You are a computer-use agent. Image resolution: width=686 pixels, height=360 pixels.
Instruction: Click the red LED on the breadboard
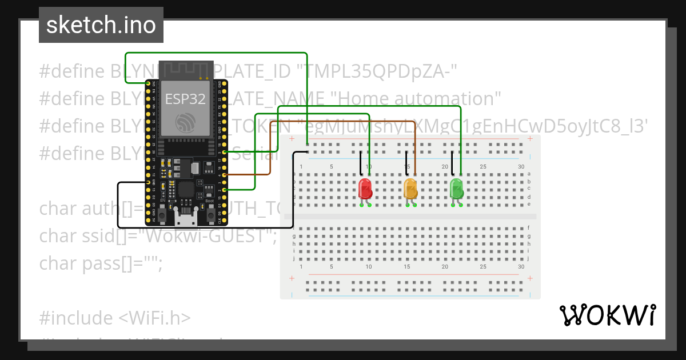pos(365,188)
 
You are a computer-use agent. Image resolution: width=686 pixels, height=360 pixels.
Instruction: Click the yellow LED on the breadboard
pos(410,188)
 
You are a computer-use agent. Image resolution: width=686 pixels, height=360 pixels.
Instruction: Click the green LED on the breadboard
pos(456,188)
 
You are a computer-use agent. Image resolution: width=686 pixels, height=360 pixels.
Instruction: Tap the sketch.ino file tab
pos(101,25)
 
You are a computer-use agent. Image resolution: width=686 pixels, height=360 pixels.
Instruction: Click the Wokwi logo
pos(607,315)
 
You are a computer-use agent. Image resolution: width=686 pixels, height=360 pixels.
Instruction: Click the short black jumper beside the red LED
pos(361,163)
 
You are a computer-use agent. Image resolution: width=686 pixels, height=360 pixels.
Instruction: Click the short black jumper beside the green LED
pos(452,163)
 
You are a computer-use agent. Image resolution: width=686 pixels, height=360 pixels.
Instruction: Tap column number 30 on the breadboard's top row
pos(520,166)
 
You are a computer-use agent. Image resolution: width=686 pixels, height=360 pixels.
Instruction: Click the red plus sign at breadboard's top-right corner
pos(530,139)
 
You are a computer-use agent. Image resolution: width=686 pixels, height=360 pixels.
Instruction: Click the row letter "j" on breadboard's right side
pos(529,258)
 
